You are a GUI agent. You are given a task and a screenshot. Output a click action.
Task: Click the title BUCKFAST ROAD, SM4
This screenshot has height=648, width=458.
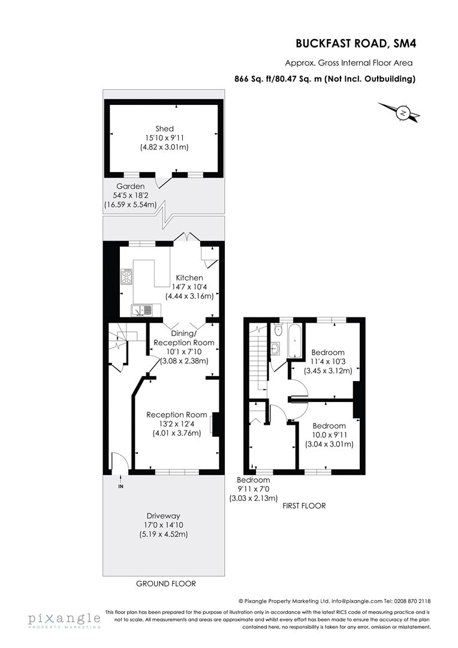click(x=355, y=43)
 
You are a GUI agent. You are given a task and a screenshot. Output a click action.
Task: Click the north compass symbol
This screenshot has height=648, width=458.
click(x=403, y=113)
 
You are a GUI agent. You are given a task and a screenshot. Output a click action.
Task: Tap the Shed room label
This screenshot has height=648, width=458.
click(x=164, y=129)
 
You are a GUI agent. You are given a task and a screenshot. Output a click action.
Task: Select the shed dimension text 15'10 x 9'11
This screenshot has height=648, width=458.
click(x=164, y=138)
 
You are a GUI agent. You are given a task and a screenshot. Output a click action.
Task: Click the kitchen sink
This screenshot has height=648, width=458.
click(x=143, y=310)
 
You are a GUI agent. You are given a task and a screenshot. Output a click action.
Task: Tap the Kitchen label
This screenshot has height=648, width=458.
click(x=189, y=278)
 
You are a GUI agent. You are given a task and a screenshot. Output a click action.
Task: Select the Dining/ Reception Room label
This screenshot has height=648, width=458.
click(x=183, y=338)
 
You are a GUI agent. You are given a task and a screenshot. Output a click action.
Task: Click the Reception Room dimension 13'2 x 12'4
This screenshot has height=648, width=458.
click(x=176, y=424)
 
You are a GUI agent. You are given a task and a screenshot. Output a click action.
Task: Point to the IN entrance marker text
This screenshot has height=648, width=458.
click(x=120, y=486)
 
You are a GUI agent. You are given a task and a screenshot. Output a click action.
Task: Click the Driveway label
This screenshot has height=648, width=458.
click(x=163, y=516)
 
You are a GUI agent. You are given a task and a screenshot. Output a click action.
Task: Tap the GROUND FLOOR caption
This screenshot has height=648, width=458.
click(x=166, y=583)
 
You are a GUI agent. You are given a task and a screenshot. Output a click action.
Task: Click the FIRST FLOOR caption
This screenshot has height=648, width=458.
click(x=304, y=506)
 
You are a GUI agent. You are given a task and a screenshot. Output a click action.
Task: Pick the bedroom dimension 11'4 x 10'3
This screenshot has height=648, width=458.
click(x=328, y=361)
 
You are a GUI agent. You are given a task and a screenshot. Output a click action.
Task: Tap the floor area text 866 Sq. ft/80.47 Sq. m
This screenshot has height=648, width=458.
click(x=278, y=79)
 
